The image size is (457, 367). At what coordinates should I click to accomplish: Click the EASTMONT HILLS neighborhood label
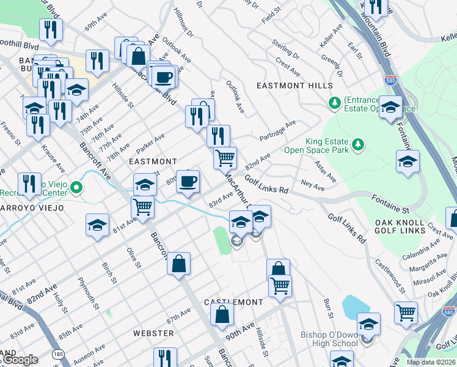pos(294,86)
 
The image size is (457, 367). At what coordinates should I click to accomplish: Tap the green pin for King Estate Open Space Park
pos(358,144)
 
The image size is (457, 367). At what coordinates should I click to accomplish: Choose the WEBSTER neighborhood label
pos(153,333)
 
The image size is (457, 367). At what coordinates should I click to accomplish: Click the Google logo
pos(20,360)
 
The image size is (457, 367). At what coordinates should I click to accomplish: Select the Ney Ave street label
pos(312,184)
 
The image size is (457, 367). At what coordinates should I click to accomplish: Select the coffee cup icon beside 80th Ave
pos(188,180)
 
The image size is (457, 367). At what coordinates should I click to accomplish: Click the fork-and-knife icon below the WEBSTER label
pos(165,357)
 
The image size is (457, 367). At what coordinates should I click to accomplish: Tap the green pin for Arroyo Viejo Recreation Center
pos(76,187)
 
